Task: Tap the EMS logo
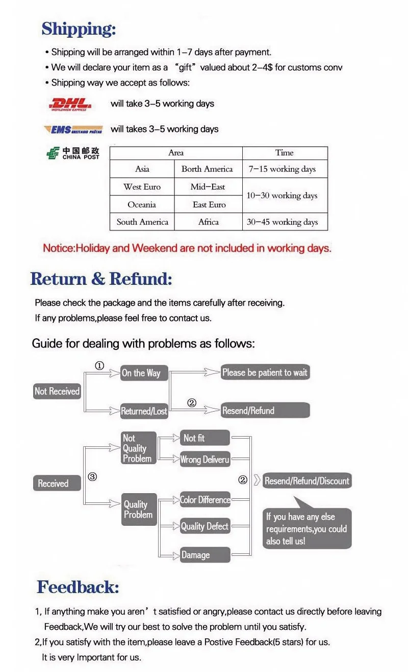point(73,129)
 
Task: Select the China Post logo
point(72,153)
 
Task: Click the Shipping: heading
point(79,29)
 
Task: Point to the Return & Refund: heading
point(101,279)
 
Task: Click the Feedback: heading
point(78,587)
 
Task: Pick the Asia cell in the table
point(142,169)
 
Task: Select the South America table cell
point(142,222)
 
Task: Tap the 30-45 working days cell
point(282,222)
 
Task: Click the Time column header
point(284,153)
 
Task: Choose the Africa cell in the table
point(208,222)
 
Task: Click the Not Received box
point(57,391)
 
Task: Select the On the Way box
point(141,373)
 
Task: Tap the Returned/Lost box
point(144,411)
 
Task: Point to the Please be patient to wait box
point(265,372)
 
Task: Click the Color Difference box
point(205,500)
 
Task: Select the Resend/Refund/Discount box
point(307,481)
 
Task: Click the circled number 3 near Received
point(92,477)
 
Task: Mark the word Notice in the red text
point(58,249)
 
